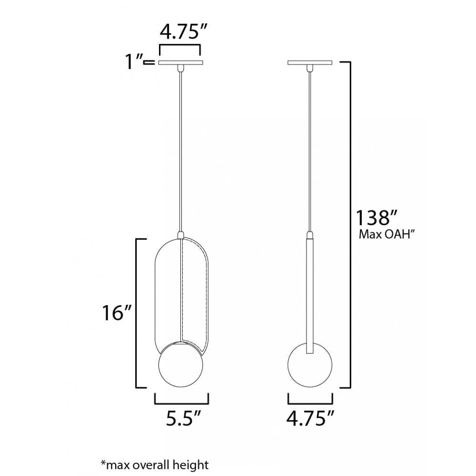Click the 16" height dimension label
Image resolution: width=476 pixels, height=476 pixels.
point(117,313)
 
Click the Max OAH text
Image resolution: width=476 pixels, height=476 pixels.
point(387,234)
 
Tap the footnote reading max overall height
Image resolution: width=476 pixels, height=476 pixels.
point(155,465)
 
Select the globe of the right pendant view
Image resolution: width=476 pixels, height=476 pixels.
point(310,365)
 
